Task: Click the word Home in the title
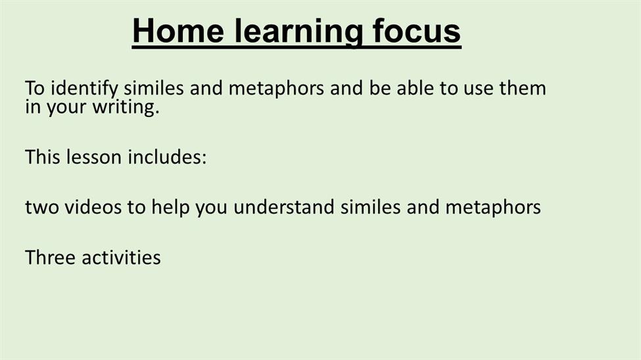point(178,31)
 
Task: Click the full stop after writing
point(157,113)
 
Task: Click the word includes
point(164,157)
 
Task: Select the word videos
point(93,207)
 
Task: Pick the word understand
point(284,207)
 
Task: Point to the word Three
point(50,258)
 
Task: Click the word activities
point(122,258)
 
